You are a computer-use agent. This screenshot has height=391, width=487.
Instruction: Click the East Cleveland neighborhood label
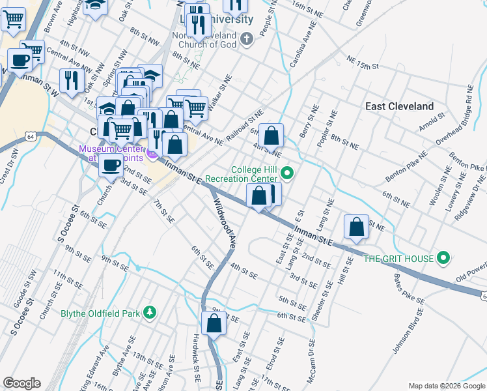coord(399,106)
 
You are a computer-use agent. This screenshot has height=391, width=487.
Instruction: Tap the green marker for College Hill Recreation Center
coord(288,173)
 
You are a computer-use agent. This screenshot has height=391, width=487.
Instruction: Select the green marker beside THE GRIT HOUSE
coord(444,259)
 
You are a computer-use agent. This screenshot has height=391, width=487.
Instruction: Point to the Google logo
coord(21,383)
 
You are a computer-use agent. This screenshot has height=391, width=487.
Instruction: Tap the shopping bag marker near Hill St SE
coord(356,227)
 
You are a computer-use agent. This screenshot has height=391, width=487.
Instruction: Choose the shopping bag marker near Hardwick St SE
coord(214,323)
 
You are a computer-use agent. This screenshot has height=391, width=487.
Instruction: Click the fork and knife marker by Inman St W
coord(71,80)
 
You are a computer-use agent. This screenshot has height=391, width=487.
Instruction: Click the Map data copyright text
coord(445,385)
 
